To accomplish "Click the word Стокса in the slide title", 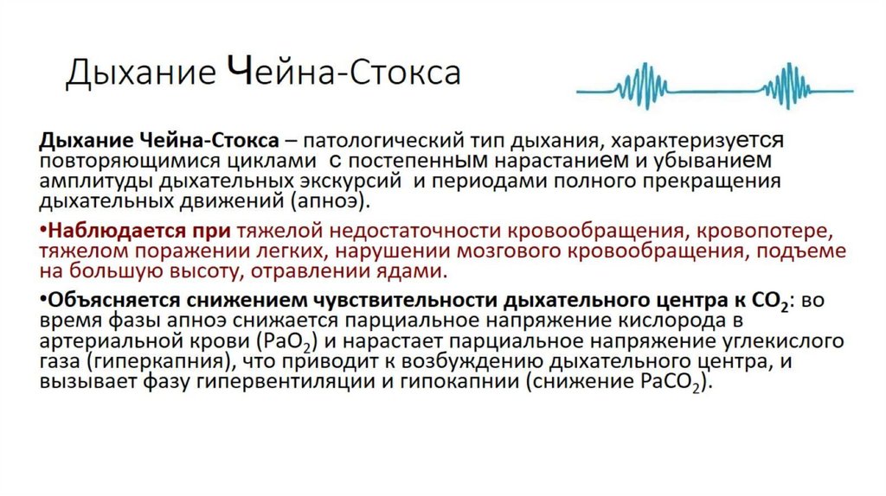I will [x=407, y=73].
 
